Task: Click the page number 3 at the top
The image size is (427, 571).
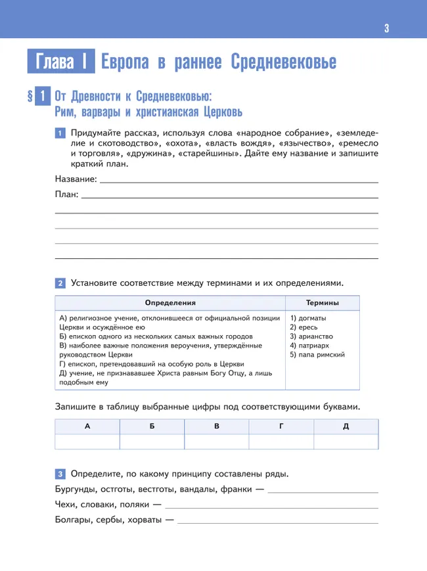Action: [387, 28]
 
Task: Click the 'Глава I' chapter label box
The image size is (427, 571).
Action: [60, 62]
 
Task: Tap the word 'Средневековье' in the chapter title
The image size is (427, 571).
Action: [284, 62]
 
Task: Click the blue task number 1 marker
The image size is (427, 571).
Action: [59, 133]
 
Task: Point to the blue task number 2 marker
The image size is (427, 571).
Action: [59, 283]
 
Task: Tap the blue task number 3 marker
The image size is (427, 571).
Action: [59, 474]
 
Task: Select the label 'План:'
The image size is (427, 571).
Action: [66, 194]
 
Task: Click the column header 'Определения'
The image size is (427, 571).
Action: [170, 303]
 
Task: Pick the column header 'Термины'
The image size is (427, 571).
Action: [323, 303]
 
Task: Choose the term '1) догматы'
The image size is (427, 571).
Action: [307, 318]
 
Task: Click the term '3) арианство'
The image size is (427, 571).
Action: [312, 336]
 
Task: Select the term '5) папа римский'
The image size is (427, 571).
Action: [317, 355]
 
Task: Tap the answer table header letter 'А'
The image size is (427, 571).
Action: [87, 426]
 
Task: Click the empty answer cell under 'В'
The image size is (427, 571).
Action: [216, 442]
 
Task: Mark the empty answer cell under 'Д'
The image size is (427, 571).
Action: [346, 442]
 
